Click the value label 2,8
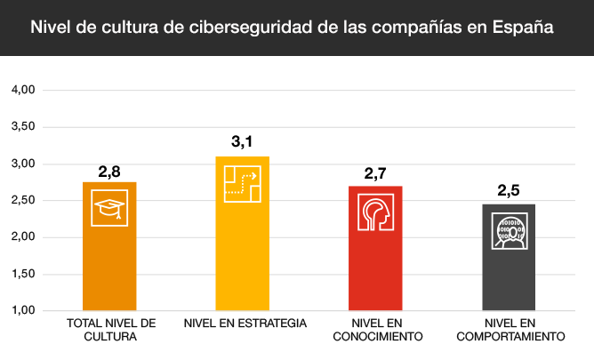(x=109, y=171)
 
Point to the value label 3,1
(x=243, y=142)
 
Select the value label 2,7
(x=376, y=173)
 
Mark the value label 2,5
(x=510, y=190)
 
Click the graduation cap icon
(x=109, y=210)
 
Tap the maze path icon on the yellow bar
(x=243, y=183)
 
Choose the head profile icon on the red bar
(x=376, y=213)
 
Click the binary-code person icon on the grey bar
(x=510, y=232)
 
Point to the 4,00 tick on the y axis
(x=22, y=91)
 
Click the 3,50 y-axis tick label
(x=22, y=127)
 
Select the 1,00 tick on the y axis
(x=22, y=311)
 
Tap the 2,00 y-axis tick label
(x=22, y=237)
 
